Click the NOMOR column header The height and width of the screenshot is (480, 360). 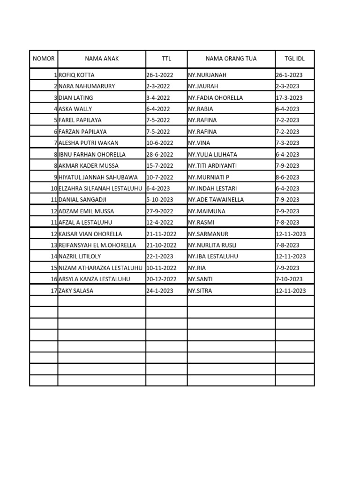[x=44, y=59]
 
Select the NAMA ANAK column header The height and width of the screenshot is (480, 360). [x=102, y=59]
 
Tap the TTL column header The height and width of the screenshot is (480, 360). [x=166, y=59]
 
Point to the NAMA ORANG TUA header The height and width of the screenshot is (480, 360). [x=231, y=59]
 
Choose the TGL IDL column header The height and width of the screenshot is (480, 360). [x=294, y=59]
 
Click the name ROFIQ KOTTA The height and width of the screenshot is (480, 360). [x=76, y=75]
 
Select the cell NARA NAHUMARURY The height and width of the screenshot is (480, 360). [x=87, y=86]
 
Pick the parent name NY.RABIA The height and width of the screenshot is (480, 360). [x=200, y=109]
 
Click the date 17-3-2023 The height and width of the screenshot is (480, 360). [x=289, y=97]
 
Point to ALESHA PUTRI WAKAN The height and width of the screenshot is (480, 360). [x=88, y=143]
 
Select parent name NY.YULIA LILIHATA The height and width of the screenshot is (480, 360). [x=212, y=154]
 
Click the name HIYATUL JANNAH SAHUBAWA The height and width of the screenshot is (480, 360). [x=97, y=177]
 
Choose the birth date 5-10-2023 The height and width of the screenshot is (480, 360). [x=159, y=200]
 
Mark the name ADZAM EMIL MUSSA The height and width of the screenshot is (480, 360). [x=86, y=211]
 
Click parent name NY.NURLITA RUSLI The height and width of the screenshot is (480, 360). [x=212, y=245]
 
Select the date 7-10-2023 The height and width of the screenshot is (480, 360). [x=289, y=279]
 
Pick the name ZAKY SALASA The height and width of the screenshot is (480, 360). [x=76, y=291]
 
